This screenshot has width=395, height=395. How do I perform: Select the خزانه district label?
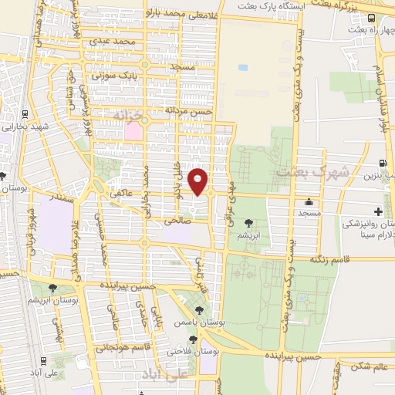click(128, 115)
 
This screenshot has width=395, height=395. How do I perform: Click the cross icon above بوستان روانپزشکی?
click(378, 211)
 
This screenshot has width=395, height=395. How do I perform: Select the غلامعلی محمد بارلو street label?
click(171, 14)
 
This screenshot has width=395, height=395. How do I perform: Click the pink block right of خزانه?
click(133, 131)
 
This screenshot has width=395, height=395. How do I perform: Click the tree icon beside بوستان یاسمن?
click(200, 310)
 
